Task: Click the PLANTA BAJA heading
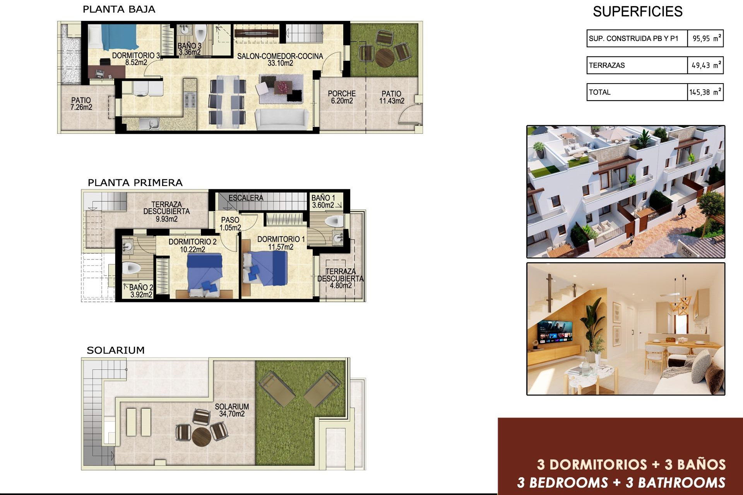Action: coord(119,9)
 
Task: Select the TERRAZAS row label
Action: coord(607,65)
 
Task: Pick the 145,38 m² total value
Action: coord(705,92)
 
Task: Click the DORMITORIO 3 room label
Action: coord(135,59)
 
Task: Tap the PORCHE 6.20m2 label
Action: coord(342,97)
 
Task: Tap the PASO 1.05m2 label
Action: coord(230,224)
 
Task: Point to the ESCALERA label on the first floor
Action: coord(246,198)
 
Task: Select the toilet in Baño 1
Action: coord(335,222)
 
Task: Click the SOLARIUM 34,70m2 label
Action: coord(232,410)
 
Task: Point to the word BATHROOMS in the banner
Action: coord(681,482)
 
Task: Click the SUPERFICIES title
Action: coord(637,12)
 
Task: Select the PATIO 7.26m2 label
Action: coord(81,104)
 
